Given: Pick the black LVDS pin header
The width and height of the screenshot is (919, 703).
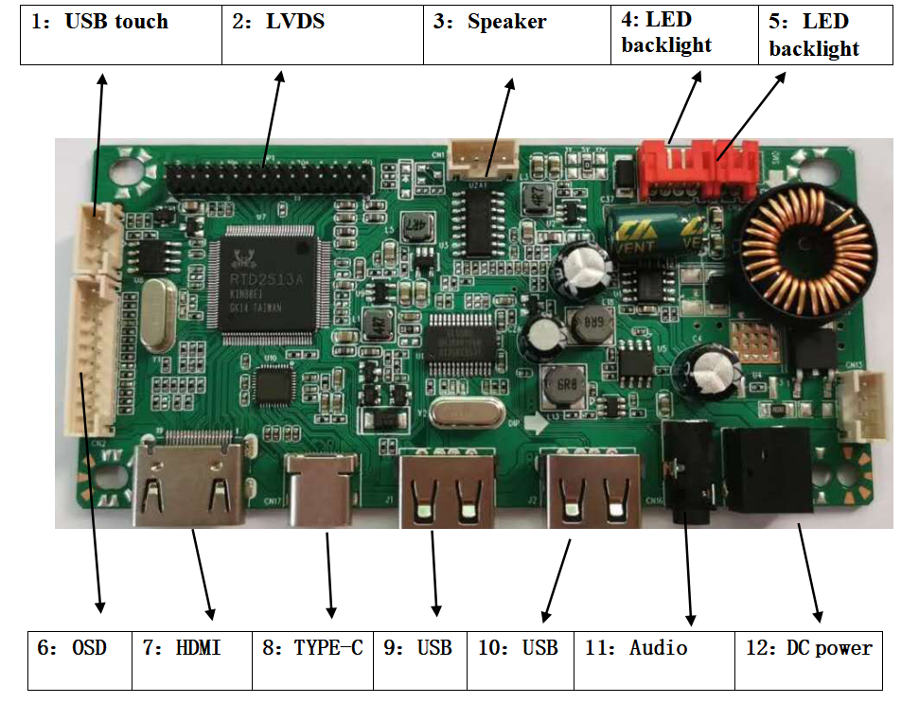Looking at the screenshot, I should coord(269,177).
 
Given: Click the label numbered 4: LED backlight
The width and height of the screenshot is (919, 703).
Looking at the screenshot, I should coord(684,35).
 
